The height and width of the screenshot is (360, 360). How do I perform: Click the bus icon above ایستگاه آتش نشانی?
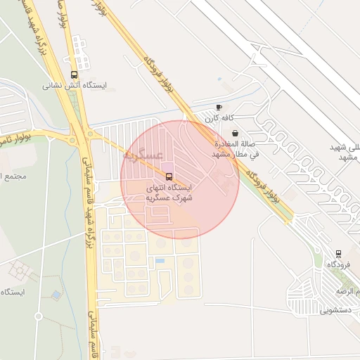(x=75, y=75)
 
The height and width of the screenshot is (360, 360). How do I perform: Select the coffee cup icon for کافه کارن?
(x=219, y=107)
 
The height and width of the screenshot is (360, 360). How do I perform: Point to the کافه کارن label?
(x=219, y=118)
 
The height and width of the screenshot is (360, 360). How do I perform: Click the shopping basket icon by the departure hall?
(x=235, y=133)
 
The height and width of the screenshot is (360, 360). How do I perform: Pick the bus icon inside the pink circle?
(x=168, y=176)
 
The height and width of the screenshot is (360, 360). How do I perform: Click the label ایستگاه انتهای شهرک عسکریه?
(x=168, y=193)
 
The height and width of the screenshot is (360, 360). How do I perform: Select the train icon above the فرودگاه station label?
(x=338, y=253)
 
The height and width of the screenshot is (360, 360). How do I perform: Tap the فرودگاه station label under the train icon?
(x=338, y=264)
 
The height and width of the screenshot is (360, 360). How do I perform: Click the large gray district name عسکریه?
(x=144, y=154)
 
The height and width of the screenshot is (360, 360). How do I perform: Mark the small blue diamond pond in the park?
(x=56, y=295)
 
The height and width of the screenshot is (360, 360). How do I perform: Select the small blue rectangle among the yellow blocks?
(x=160, y=261)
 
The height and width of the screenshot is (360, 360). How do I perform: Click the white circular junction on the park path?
(x=39, y=316)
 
